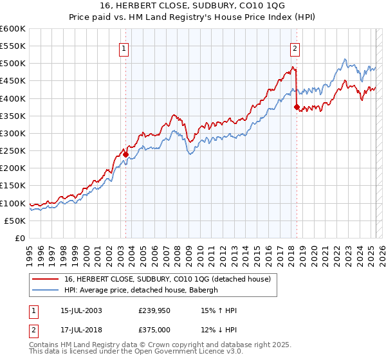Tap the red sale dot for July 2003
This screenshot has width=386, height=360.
(x=125, y=154)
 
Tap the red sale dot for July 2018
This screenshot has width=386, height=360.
(x=297, y=107)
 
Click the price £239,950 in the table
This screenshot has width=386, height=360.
(x=154, y=310)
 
